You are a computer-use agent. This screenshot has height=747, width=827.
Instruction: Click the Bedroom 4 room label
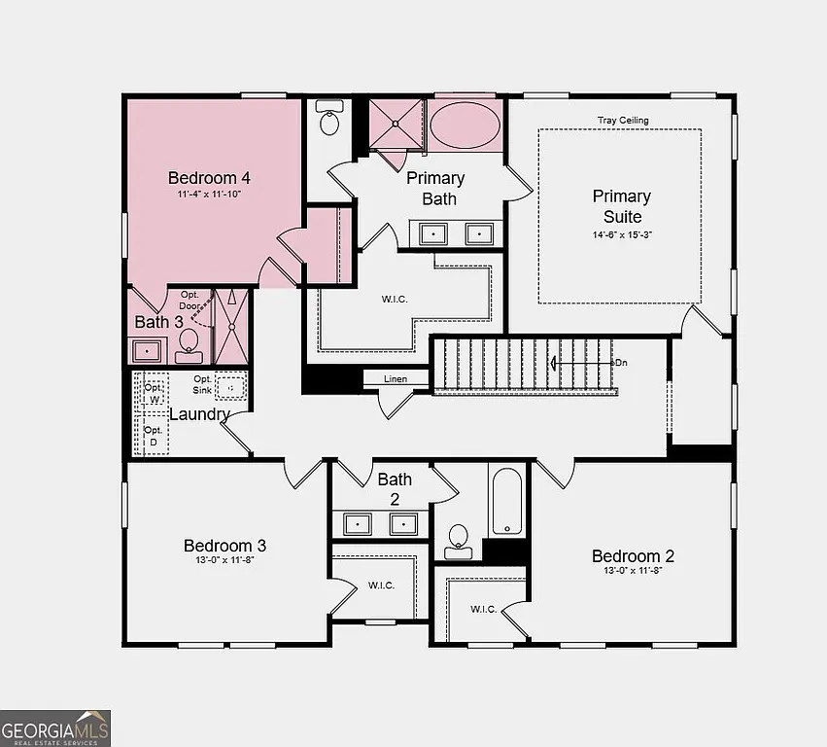[x=209, y=178]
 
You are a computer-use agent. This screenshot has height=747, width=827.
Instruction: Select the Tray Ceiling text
[x=622, y=121]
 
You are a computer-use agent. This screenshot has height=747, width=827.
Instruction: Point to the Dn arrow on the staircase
[x=583, y=363]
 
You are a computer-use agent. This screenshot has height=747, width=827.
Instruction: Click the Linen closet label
[x=396, y=379]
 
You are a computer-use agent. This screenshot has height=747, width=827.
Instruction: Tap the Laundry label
[x=199, y=414]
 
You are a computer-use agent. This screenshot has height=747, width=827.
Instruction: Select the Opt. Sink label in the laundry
[x=202, y=384]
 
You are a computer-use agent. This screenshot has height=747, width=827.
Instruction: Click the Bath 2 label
[x=395, y=489]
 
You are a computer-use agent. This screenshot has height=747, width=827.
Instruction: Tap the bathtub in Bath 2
[x=506, y=502]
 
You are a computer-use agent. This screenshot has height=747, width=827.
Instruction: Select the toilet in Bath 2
[x=458, y=539]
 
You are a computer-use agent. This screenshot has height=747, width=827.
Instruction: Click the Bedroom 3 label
[x=225, y=547]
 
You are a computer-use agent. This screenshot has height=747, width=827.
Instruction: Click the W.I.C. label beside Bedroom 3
[x=381, y=586]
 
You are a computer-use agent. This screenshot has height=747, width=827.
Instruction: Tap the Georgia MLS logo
[x=55, y=728]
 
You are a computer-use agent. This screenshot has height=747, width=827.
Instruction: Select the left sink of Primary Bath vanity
[x=431, y=233]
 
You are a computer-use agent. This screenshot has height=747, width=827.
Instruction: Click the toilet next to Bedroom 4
[x=330, y=122]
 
